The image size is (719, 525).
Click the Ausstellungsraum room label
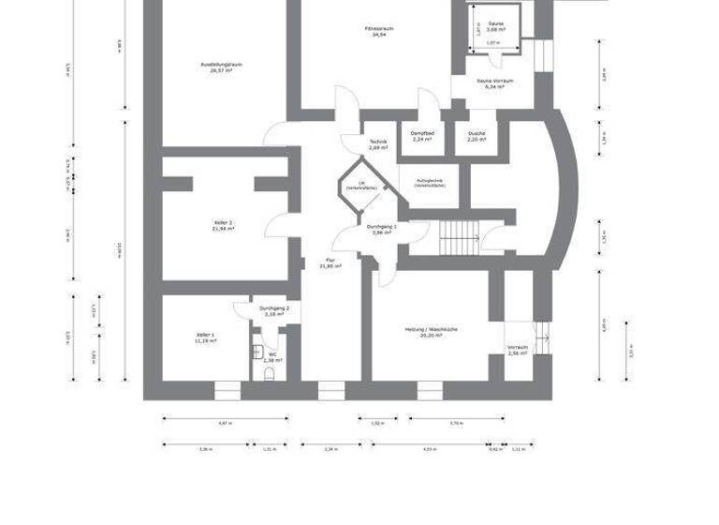click(x=222, y=67)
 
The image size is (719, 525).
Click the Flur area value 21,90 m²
click(x=330, y=266)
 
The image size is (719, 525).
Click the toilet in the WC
click(x=270, y=373)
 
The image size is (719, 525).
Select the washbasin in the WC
click(x=257, y=351)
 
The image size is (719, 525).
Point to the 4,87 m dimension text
click(x=224, y=423)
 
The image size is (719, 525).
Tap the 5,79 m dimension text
click(x=457, y=423)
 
